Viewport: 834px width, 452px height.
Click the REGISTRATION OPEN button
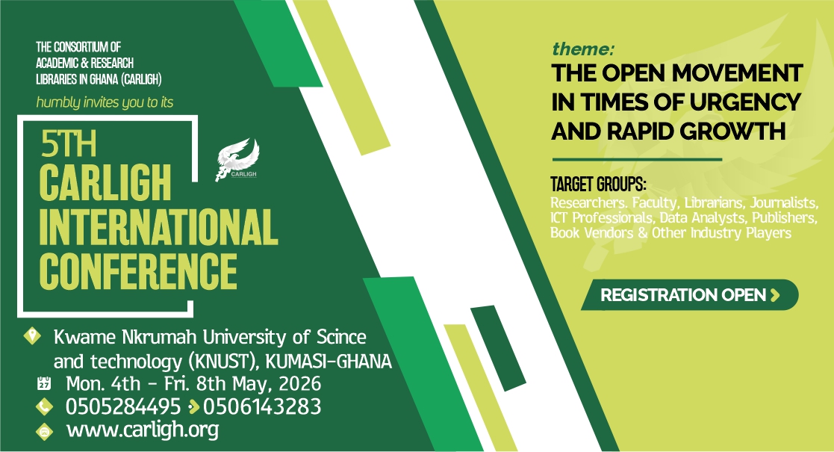point(690,294)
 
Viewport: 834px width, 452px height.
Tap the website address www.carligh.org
point(143,430)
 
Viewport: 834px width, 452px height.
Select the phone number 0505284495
point(123,406)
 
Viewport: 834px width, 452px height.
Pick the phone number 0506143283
point(262,406)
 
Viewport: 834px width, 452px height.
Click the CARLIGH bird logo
point(237,159)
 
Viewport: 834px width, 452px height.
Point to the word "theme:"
point(583,49)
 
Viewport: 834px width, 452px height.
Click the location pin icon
point(32,336)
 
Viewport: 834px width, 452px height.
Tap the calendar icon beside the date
point(44,383)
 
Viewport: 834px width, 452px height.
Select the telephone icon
point(44,407)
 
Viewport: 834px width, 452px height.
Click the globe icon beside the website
point(44,431)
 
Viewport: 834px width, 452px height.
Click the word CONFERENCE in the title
point(138,271)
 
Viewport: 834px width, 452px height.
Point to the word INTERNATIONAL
point(158,227)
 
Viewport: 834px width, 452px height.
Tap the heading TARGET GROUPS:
point(598,185)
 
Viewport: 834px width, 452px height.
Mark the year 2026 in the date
point(300,383)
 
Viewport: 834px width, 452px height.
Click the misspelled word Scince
point(341,337)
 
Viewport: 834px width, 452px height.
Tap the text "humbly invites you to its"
point(105,102)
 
